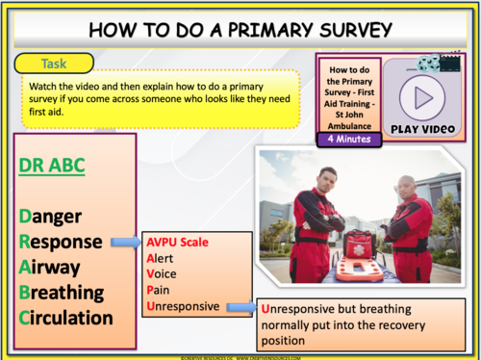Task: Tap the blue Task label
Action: tap(54, 64)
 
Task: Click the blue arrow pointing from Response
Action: tap(124, 243)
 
